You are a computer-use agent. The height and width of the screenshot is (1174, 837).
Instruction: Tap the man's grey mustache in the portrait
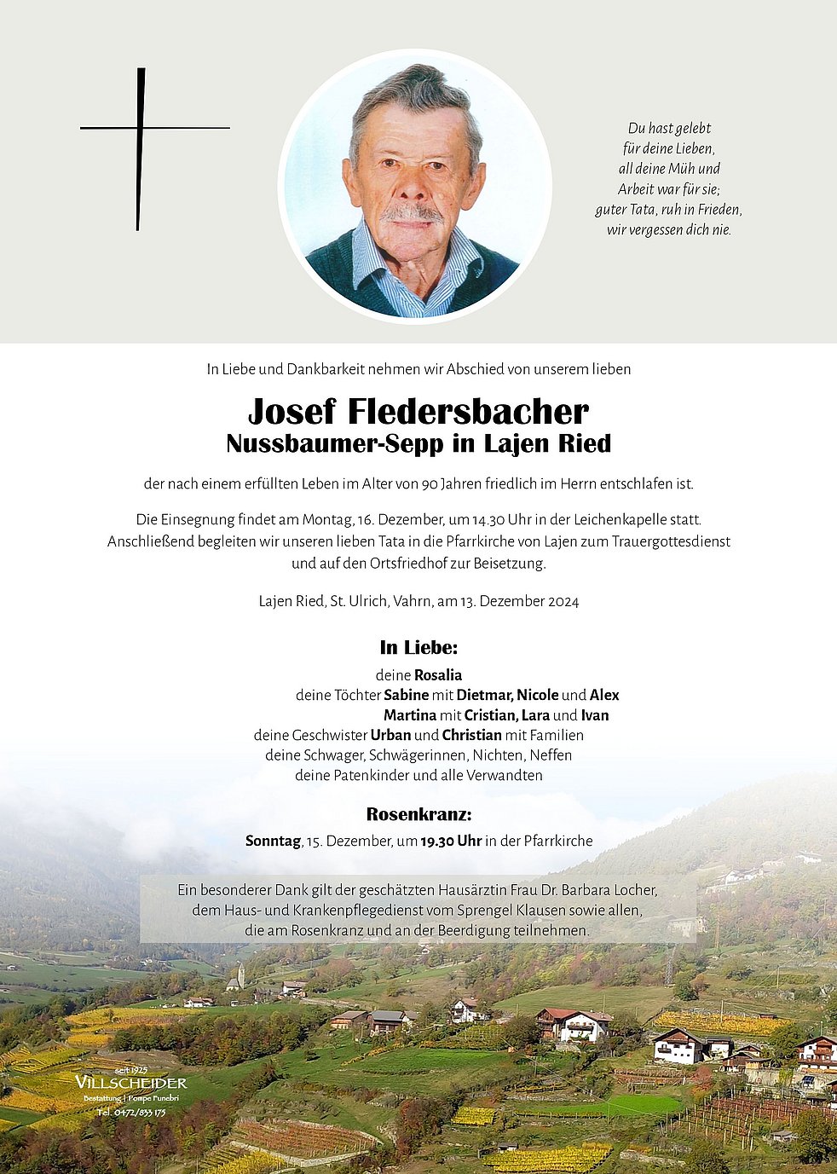[411, 212]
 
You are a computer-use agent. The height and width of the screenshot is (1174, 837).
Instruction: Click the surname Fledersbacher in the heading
[467, 412]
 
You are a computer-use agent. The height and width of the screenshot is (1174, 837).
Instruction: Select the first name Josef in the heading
[292, 412]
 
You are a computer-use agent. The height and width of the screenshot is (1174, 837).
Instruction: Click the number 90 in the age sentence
[430, 484]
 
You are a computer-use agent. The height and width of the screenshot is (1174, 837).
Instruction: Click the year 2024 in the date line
[563, 602]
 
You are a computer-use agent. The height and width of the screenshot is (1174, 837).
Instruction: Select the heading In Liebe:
[418, 647]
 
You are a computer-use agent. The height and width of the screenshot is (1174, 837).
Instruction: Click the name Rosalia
[438, 675]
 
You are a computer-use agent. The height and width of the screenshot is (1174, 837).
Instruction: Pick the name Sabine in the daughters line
[406, 696]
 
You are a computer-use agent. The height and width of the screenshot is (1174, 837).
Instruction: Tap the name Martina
[409, 715]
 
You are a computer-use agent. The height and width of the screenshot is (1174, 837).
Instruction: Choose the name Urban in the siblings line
[390, 736]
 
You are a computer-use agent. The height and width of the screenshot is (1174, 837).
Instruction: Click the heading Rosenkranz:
[418, 813]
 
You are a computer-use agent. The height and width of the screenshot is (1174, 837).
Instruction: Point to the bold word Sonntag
[273, 841]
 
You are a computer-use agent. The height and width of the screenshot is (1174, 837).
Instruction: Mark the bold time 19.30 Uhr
[451, 841]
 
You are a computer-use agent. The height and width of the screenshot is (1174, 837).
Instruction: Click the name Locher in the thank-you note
[633, 890]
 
